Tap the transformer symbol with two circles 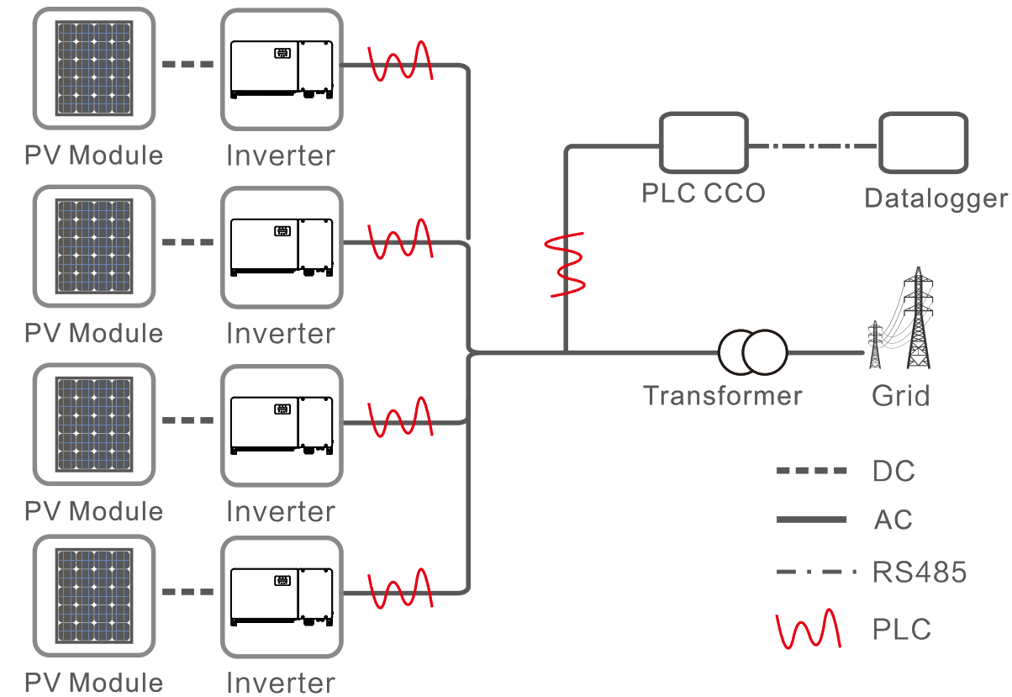[x=752, y=351]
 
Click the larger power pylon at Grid [x=918, y=319]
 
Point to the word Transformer [x=722, y=395]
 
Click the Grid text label [x=900, y=395]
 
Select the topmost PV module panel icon [x=94, y=68]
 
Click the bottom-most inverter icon [x=282, y=598]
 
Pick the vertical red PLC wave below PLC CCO [x=566, y=264]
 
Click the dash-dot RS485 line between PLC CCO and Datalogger [x=813, y=145]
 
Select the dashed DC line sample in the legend [x=811, y=471]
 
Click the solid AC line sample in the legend [x=811, y=520]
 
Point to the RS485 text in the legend [x=920, y=573]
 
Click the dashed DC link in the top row [x=187, y=65]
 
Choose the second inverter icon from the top [x=282, y=246]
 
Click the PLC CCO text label [x=704, y=193]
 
